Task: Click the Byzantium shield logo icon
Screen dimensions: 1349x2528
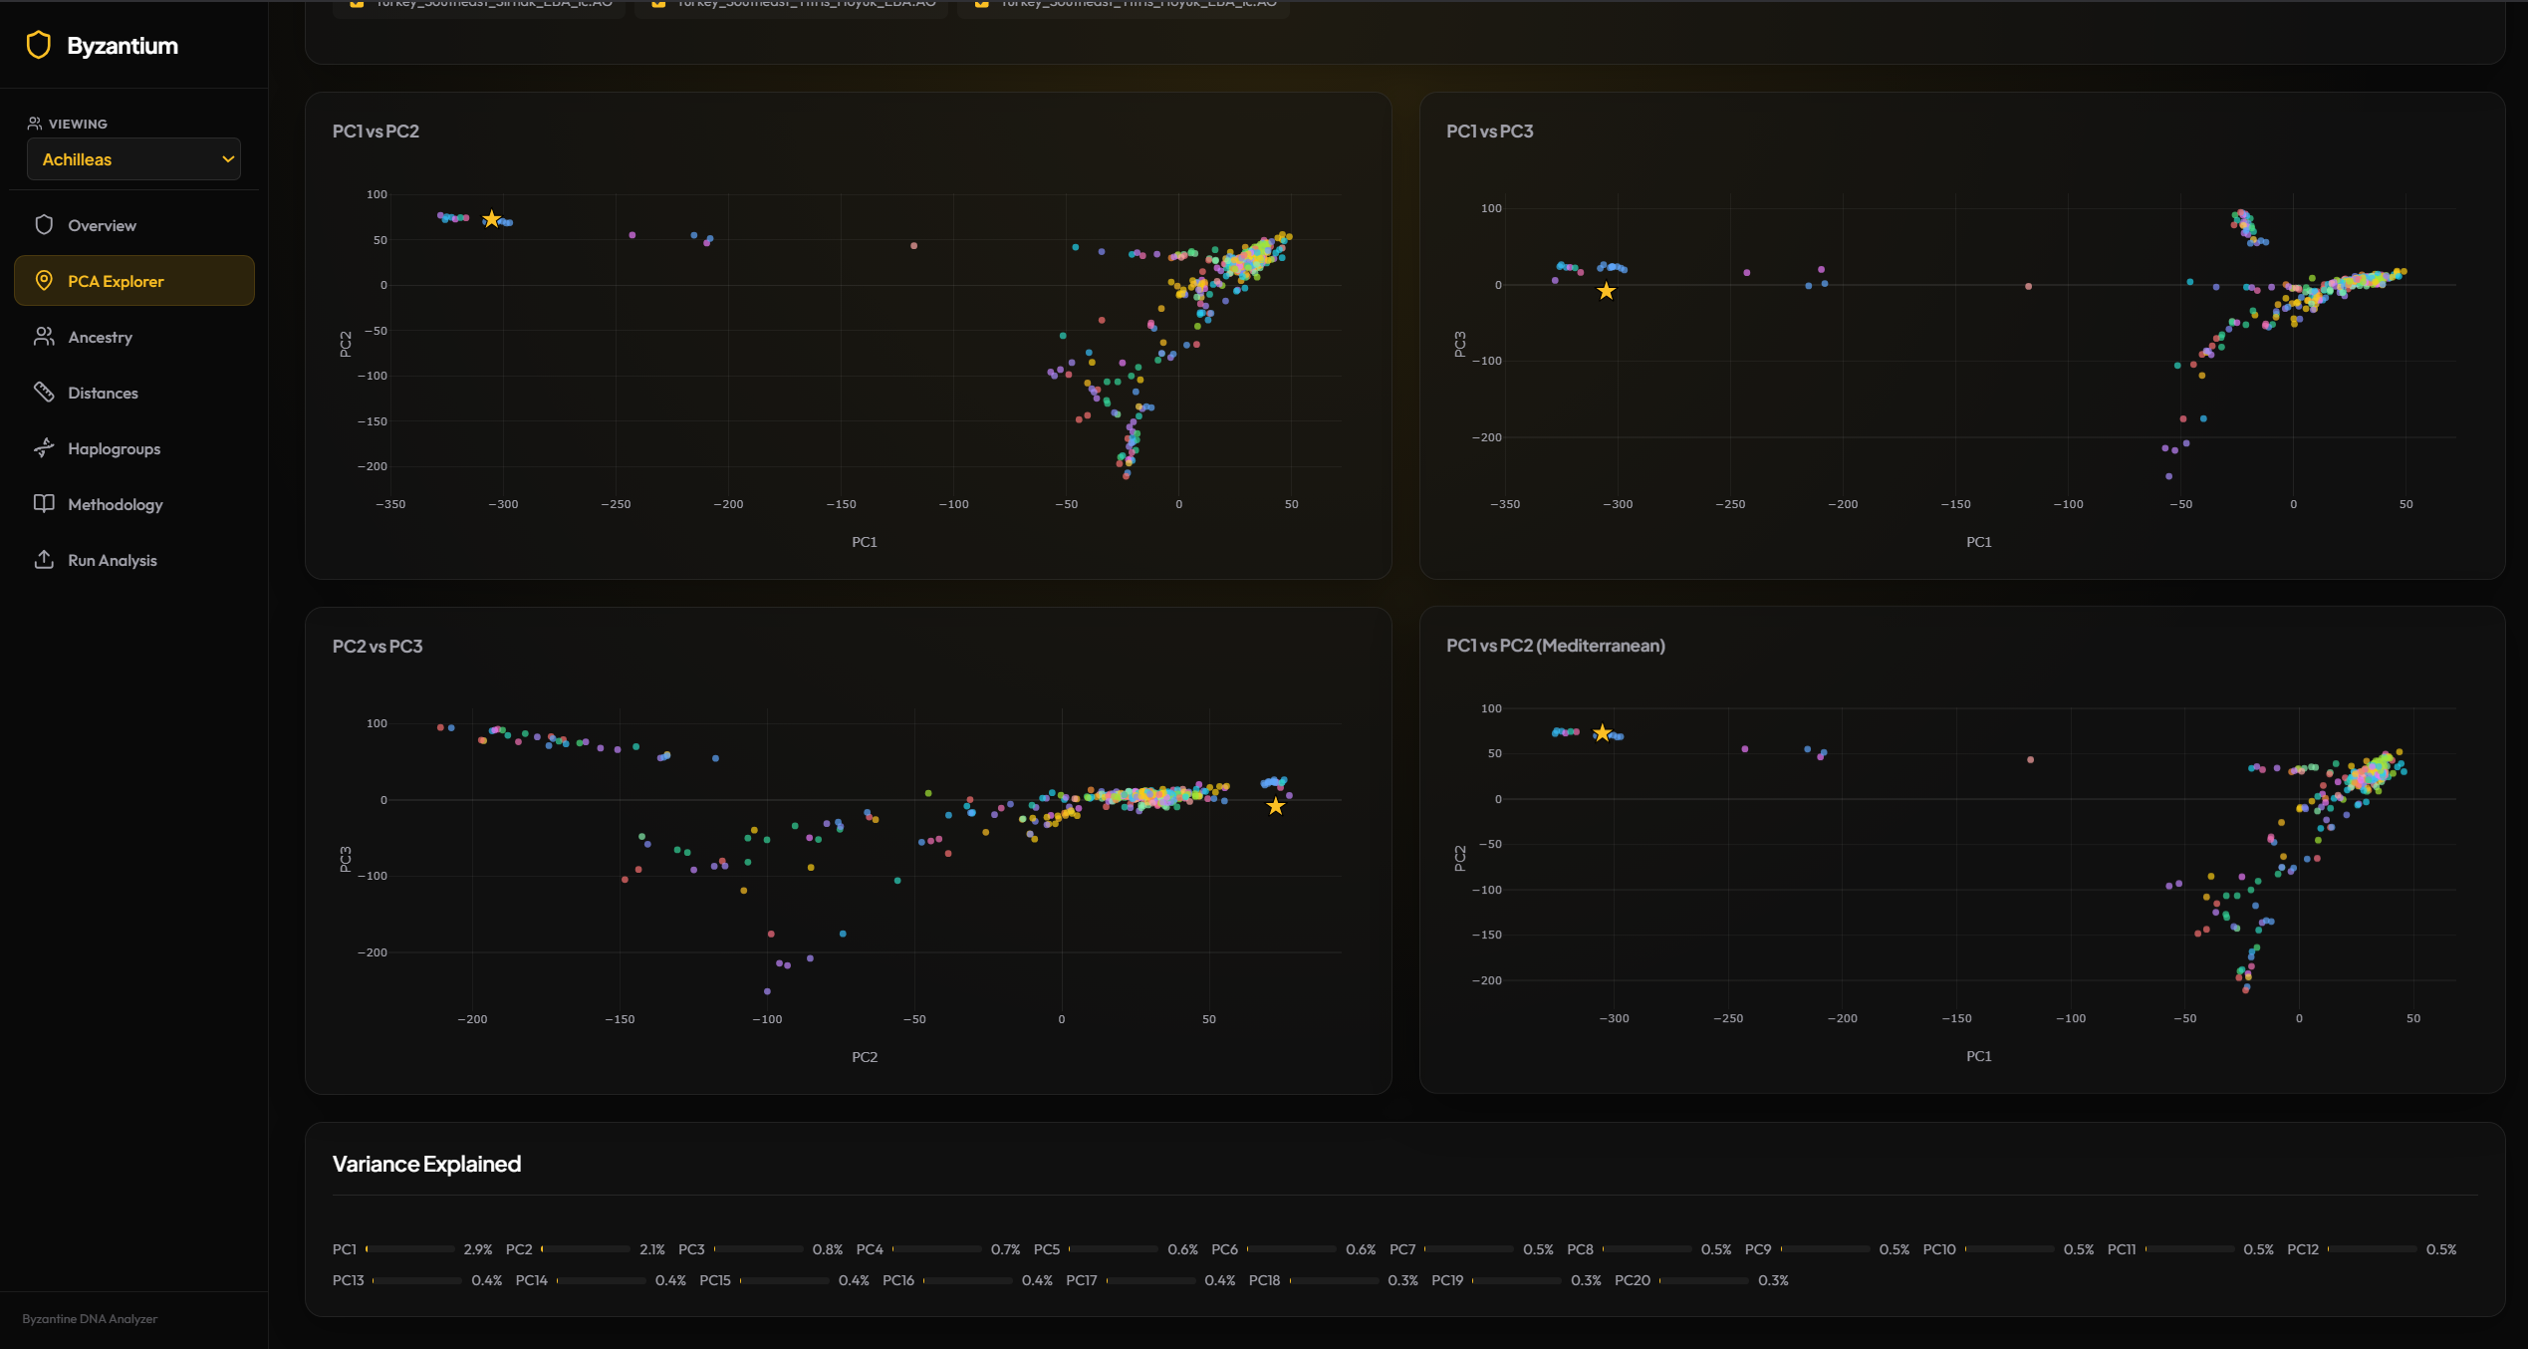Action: coord(39,45)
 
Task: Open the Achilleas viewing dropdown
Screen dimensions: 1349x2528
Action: coord(133,159)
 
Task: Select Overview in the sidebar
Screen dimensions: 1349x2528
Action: coord(102,225)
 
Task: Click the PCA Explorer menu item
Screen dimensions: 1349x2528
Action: coord(116,281)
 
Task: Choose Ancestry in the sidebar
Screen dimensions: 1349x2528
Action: coord(100,337)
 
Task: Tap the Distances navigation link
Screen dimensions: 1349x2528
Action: coord(103,393)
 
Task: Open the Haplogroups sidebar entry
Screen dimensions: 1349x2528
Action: coord(114,448)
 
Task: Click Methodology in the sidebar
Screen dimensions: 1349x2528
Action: coord(115,504)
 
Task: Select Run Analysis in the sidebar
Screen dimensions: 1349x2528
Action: coord(112,560)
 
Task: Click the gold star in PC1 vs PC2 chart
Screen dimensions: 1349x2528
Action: coord(491,219)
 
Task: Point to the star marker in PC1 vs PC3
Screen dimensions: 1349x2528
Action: coord(1606,291)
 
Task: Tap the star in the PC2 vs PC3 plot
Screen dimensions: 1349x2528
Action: coord(1275,806)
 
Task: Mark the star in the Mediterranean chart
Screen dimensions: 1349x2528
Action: coord(1602,733)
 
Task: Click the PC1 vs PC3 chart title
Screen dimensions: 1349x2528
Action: coord(1489,132)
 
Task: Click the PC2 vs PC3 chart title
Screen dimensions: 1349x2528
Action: coord(378,647)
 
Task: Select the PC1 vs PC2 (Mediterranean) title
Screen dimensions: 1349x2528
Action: coord(1555,646)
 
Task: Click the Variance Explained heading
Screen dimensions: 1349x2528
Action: coord(426,1164)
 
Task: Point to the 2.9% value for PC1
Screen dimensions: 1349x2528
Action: coord(478,1249)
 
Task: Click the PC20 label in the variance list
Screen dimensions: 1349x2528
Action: coord(1632,1280)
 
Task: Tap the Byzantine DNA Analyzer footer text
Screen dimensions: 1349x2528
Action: coord(90,1319)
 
